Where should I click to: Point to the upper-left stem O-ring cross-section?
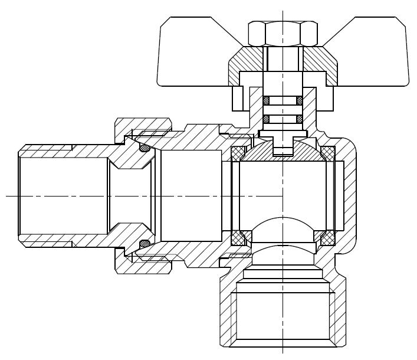(266, 100)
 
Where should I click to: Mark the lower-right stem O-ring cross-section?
(300, 119)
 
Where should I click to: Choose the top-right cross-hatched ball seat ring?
(327, 153)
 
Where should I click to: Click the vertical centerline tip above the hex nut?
(283, 7)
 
